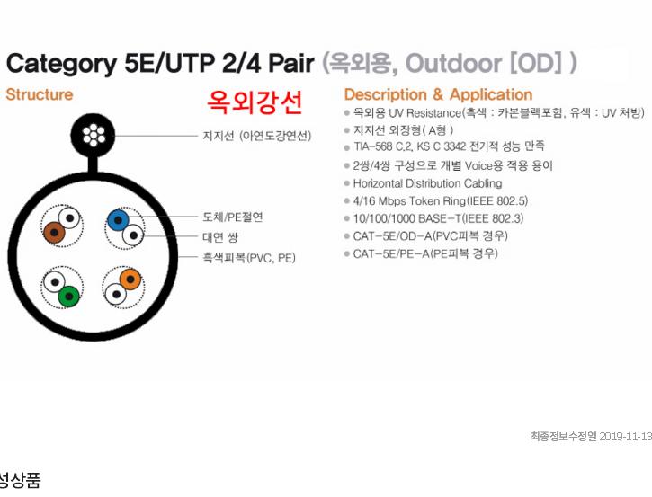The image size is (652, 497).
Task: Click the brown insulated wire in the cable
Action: point(55,233)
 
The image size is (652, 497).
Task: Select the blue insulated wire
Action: point(118,220)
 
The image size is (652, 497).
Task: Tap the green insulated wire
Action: point(69,297)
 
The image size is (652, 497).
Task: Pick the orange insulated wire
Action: point(130,280)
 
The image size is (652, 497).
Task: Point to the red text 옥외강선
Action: point(255,102)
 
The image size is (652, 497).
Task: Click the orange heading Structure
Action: point(40,94)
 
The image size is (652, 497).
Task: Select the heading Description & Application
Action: point(438,94)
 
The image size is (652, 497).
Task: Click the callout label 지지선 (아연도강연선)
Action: point(257,136)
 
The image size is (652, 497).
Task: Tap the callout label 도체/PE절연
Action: point(233,217)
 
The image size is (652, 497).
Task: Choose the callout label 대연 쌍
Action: point(220,237)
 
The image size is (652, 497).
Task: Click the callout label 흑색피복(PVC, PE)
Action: point(249,258)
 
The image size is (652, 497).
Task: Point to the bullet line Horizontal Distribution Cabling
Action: point(427,183)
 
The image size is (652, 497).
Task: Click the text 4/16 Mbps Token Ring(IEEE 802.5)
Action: point(441,201)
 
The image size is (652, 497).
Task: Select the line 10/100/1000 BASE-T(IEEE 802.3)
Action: point(438,218)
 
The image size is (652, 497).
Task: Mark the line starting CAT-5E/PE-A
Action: point(425,253)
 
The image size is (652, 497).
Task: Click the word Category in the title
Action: point(61,65)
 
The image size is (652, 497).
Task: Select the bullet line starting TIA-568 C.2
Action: point(449,146)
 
